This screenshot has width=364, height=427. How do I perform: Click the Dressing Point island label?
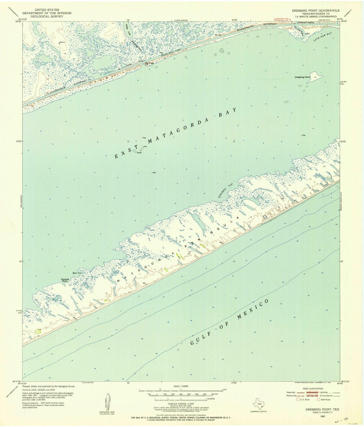point(302,77)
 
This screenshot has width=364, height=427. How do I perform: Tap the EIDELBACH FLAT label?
point(223,191)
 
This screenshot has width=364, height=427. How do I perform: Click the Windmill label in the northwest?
point(62,42)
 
